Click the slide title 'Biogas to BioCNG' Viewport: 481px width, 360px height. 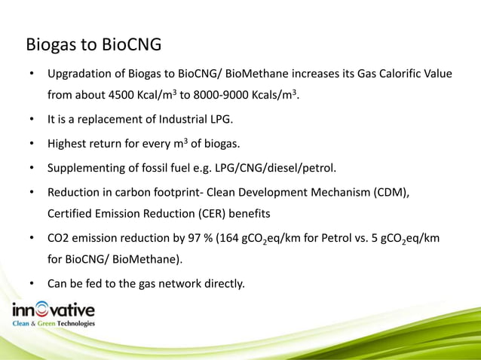point(93,45)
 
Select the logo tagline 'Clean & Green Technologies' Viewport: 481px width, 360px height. point(53,324)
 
